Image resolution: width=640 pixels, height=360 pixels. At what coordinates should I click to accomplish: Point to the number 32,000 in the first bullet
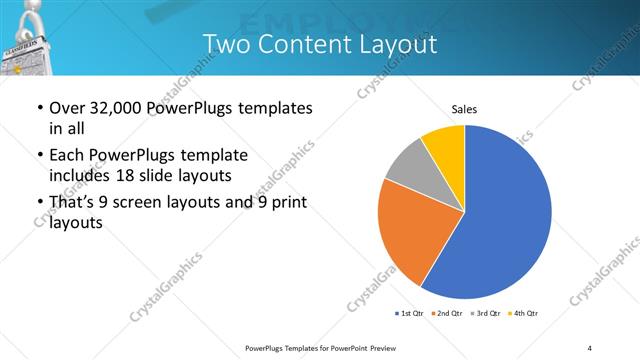coord(115,108)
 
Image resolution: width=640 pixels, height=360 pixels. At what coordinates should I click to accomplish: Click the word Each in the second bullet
coord(66,155)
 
